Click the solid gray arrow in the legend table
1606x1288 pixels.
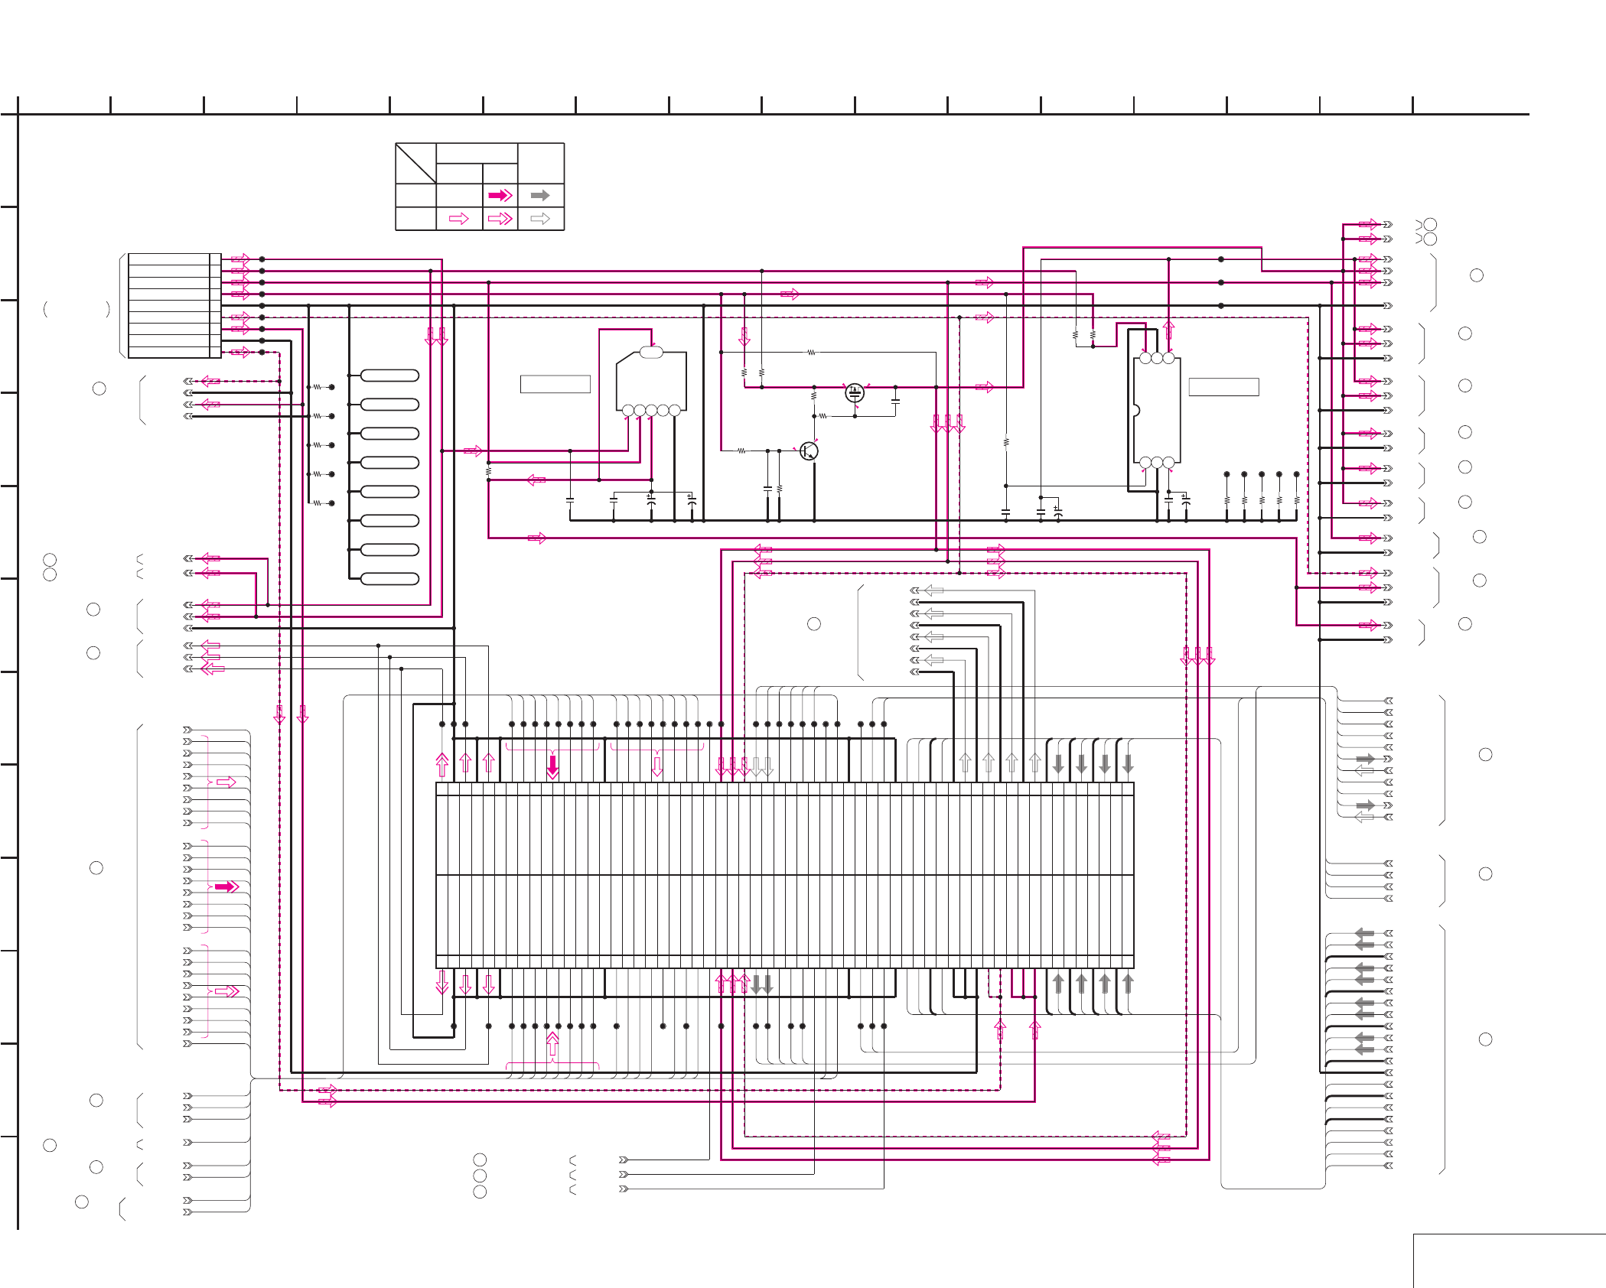540,196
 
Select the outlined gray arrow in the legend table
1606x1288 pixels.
540,219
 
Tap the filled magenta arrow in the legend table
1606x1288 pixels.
500,196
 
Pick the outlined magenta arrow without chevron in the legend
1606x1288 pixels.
459,219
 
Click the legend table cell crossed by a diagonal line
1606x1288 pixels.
415,163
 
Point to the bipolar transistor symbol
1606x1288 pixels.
808,451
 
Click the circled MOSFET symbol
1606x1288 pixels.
855,393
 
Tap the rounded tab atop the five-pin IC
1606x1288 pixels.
651,352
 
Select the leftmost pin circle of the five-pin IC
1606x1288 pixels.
628,411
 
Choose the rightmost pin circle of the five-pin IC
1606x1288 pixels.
675,411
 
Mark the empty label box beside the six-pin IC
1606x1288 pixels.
1223,387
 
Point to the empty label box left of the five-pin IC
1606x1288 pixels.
555,384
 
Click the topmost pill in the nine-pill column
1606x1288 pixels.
389,376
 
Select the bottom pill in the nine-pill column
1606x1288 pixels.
389,579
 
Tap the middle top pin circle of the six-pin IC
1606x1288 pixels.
1157,358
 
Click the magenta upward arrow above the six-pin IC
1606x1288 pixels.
1168,330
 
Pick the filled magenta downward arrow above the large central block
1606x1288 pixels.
552,766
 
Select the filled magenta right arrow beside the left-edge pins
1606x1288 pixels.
226,886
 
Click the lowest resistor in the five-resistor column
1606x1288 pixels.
317,503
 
